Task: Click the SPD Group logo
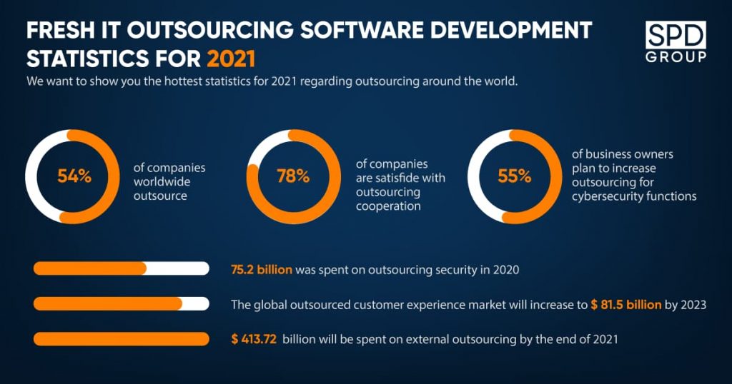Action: tap(676, 41)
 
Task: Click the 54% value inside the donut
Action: tap(74, 176)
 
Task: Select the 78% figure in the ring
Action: tap(293, 176)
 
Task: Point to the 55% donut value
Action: tap(515, 176)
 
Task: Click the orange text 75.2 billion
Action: tap(262, 270)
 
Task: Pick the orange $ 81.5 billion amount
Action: tap(626, 305)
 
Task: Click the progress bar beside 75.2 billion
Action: tap(122, 268)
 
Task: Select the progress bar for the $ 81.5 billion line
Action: tap(122, 303)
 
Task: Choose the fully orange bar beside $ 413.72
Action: tap(122, 339)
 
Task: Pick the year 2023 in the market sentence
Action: tap(692, 305)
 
